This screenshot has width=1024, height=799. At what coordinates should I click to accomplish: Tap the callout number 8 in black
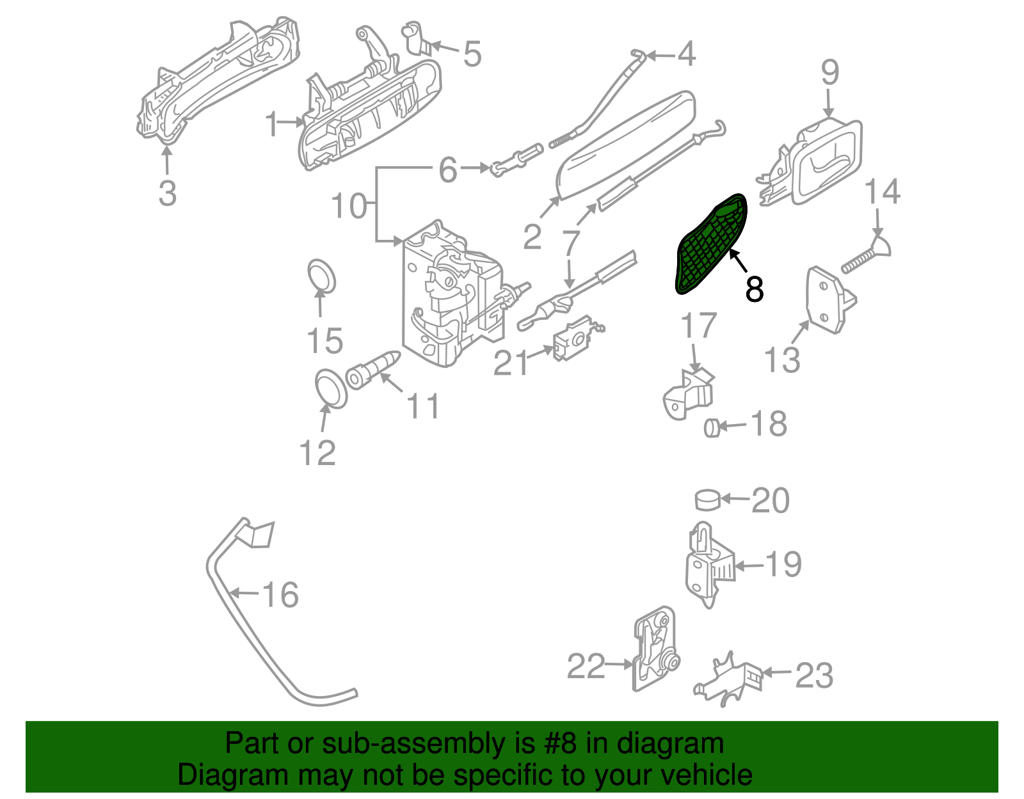[755, 289]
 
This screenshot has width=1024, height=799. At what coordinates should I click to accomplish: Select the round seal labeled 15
[322, 276]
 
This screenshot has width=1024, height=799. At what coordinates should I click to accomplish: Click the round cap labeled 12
[332, 388]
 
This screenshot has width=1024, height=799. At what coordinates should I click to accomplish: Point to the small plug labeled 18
[712, 427]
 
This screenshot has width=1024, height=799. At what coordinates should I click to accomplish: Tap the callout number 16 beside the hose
[280, 595]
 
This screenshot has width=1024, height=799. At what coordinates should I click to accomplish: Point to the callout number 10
[349, 206]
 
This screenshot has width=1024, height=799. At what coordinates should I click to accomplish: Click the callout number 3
[167, 193]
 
